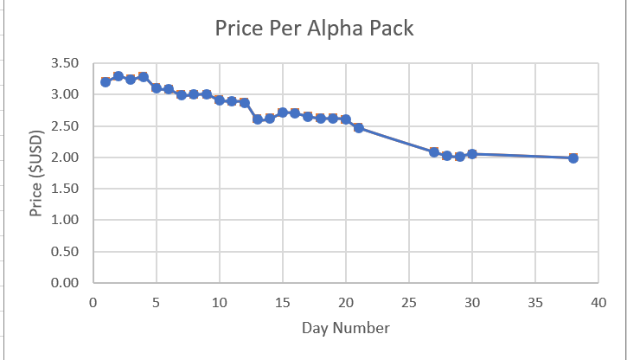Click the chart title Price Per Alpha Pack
point(314,29)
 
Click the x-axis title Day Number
point(345,328)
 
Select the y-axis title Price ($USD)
point(35,172)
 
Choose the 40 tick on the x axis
point(598,302)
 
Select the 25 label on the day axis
point(408,302)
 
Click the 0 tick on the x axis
point(93,302)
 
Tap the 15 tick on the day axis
point(282,302)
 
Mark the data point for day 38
point(573,158)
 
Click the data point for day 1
point(106,82)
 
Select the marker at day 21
point(358,128)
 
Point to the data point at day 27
point(434,152)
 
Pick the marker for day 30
point(471,154)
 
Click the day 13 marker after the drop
point(257,119)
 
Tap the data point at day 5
point(156,88)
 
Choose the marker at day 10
point(219,100)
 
